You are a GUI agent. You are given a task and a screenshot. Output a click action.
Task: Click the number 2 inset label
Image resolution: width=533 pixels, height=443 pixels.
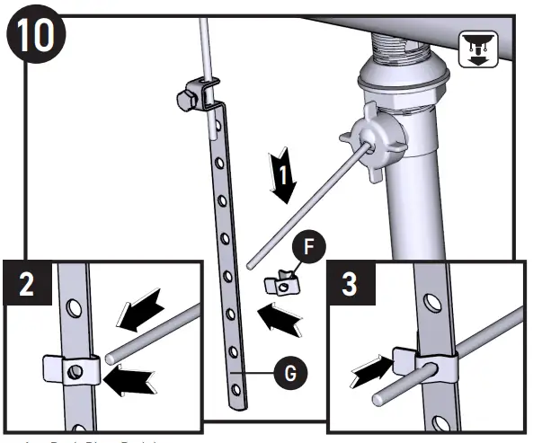[x=25, y=283]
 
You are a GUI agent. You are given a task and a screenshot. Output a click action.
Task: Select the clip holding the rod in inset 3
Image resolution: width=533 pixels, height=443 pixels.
[x=435, y=365]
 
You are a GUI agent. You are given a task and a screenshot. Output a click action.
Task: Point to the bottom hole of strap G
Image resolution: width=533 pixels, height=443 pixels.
[x=237, y=388]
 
